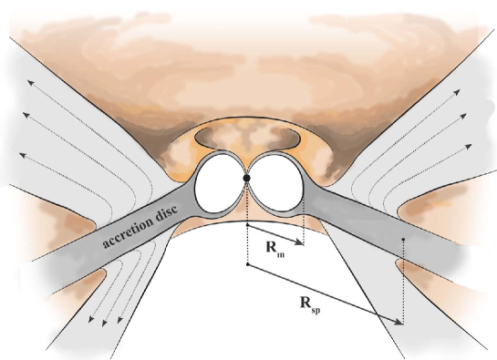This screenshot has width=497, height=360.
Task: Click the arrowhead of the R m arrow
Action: click(x=300, y=243)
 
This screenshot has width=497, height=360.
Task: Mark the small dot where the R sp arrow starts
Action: click(x=248, y=265)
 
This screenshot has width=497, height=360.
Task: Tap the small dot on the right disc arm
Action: click(x=402, y=241)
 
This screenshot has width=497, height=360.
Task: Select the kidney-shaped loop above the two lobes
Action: click(x=247, y=138)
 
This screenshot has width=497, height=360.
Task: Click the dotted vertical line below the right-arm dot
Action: click(x=402, y=283)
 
